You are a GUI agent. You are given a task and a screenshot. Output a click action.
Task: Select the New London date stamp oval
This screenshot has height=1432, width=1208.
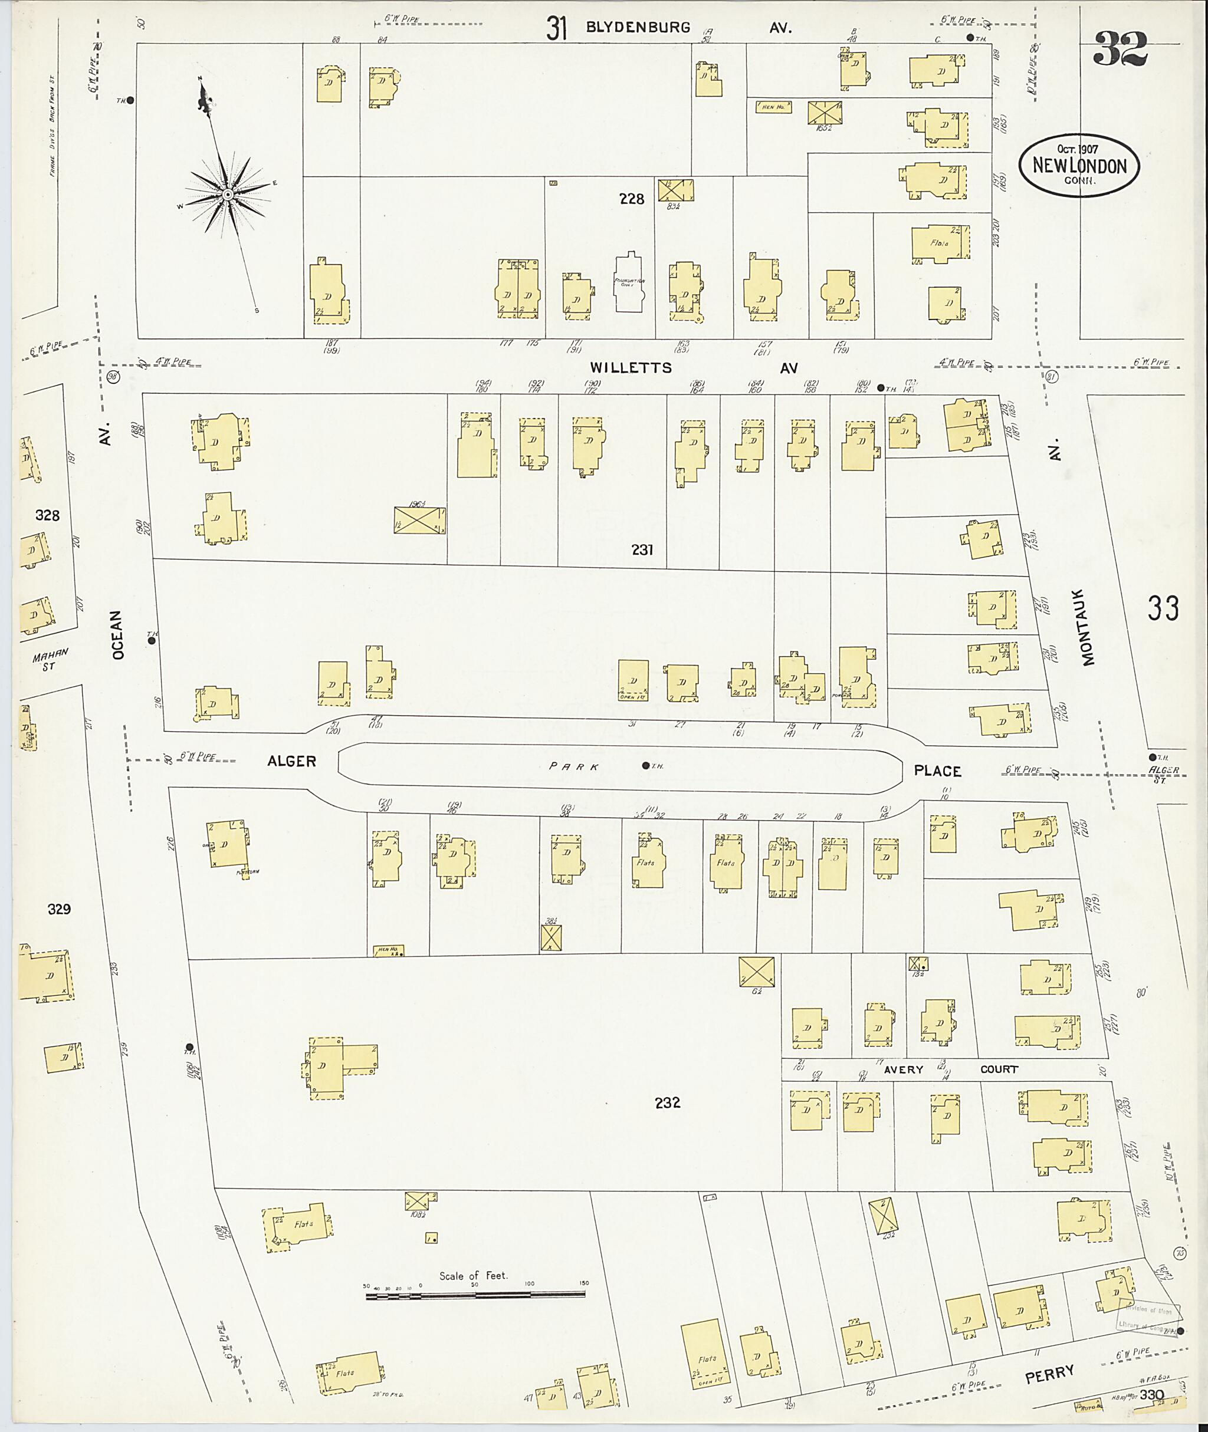click(x=1079, y=166)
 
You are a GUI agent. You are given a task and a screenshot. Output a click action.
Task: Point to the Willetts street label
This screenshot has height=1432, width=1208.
click(x=631, y=368)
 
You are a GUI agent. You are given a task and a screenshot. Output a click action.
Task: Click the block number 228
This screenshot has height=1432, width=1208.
click(x=631, y=199)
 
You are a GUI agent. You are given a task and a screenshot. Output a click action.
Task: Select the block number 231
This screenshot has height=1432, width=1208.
click(x=642, y=549)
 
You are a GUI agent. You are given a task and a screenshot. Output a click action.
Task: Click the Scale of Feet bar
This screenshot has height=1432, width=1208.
click(x=475, y=1296)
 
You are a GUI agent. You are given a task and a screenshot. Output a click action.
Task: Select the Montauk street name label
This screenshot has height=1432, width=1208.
click(x=1089, y=626)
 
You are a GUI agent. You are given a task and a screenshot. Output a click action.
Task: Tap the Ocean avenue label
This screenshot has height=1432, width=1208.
click(x=119, y=634)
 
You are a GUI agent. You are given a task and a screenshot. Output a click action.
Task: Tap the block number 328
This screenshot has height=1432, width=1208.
click(x=47, y=515)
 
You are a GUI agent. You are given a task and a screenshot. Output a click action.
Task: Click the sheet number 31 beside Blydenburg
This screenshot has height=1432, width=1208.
click(x=557, y=28)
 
